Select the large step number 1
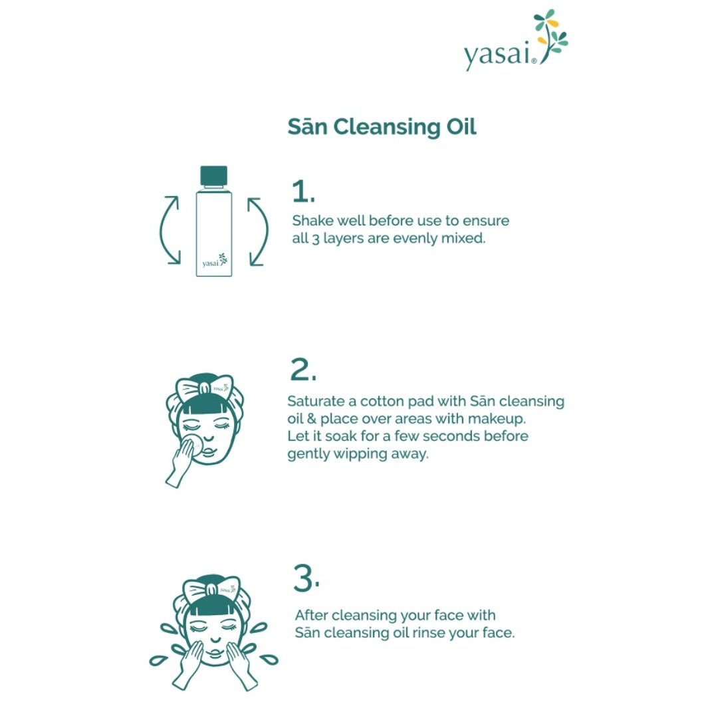(302, 191)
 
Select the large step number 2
(303, 370)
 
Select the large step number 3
(306, 579)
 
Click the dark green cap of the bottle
(213, 176)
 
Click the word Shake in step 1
(311, 220)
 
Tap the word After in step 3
(312, 615)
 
